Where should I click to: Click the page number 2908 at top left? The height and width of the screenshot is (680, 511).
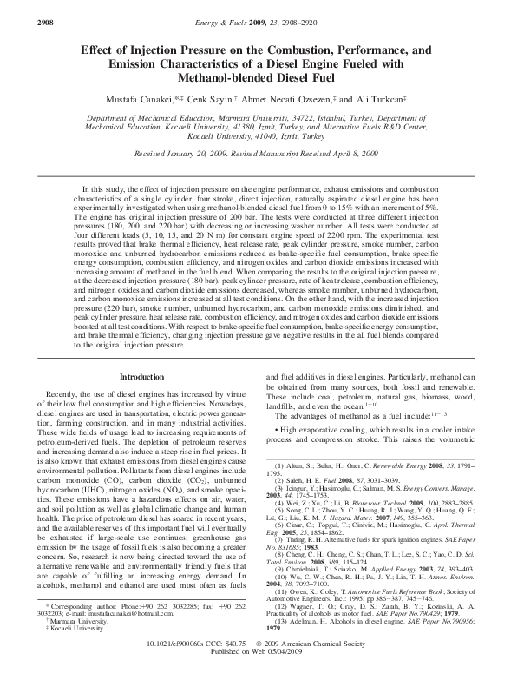(19, 10)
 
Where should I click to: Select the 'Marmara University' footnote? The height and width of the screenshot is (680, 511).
(74, 619)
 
